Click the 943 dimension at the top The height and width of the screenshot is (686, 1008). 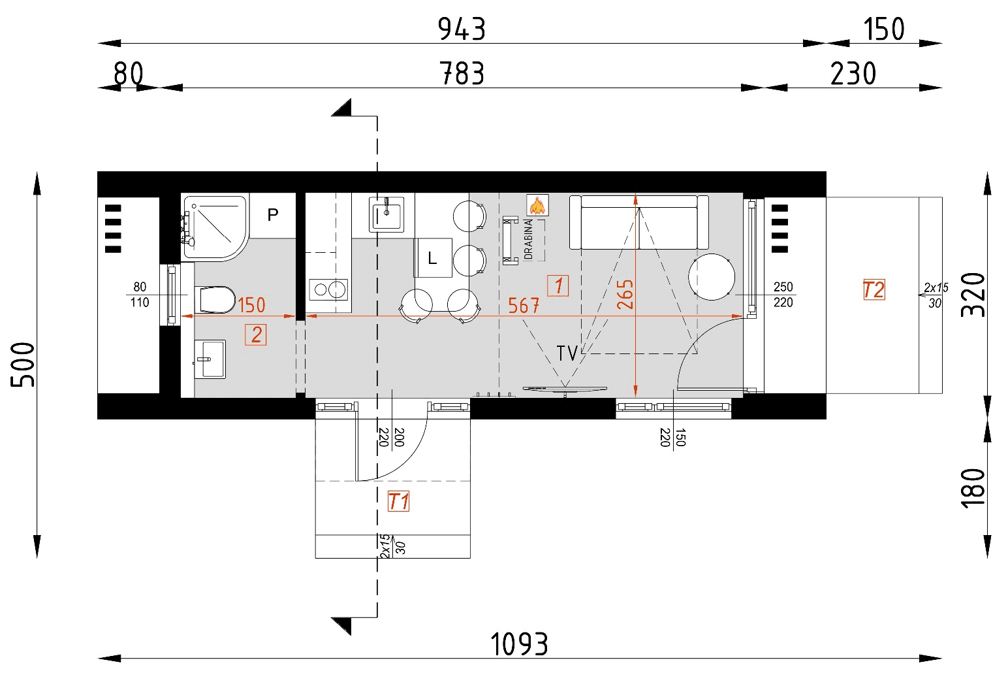[x=462, y=29]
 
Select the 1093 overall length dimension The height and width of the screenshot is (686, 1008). [x=519, y=644]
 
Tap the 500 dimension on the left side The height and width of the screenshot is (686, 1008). [x=24, y=365]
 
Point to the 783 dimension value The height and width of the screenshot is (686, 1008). [x=462, y=74]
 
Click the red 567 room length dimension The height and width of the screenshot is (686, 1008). [x=524, y=305]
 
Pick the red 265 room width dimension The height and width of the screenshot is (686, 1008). [x=625, y=294]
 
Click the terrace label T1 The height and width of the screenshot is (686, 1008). [x=398, y=502]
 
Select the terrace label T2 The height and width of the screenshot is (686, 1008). [x=874, y=289]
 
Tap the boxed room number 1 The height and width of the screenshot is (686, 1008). [x=558, y=286]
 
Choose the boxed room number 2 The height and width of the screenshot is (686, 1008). [x=256, y=335]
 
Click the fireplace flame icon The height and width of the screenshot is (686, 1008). [x=537, y=206]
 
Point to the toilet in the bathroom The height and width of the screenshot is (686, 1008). [x=216, y=300]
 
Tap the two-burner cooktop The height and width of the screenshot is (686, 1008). [x=328, y=289]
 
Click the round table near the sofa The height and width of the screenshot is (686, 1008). [x=712, y=277]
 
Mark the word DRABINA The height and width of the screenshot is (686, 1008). [x=528, y=239]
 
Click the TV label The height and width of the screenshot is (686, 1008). [x=567, y=353]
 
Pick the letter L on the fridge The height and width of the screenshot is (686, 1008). [x=432, y=259]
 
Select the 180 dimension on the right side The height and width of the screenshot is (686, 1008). [x=973, y=487]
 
